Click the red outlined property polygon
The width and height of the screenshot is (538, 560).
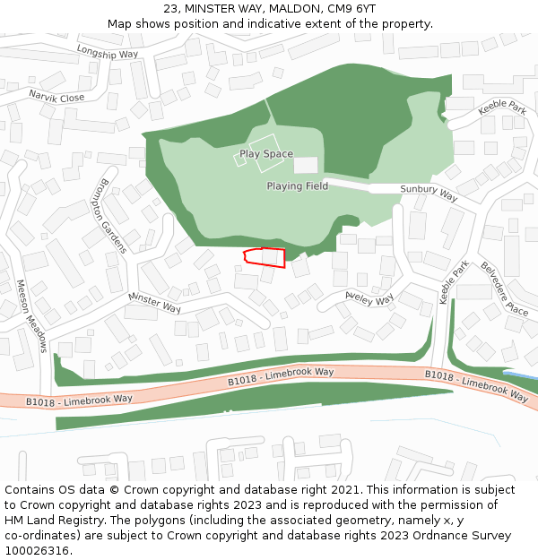click(x=265, y=257)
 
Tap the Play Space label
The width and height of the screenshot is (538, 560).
click(x=265, y=154)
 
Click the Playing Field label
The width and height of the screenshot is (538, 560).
click(x=297, y=186)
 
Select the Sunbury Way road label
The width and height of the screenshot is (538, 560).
click(x=429, y=193)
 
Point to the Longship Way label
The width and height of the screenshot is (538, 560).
click(x=107, y=52)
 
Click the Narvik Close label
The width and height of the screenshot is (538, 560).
click(x=56, y=97)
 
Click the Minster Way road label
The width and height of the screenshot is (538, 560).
click(x=154, y=302)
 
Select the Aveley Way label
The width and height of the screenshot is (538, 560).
click(x=369, y=297)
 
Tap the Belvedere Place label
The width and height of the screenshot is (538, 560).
click(x=504, y=288)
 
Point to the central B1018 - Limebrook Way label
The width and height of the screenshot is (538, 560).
click(x=281, y=376)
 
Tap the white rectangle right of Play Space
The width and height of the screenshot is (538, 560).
click(x=306, y=165)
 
